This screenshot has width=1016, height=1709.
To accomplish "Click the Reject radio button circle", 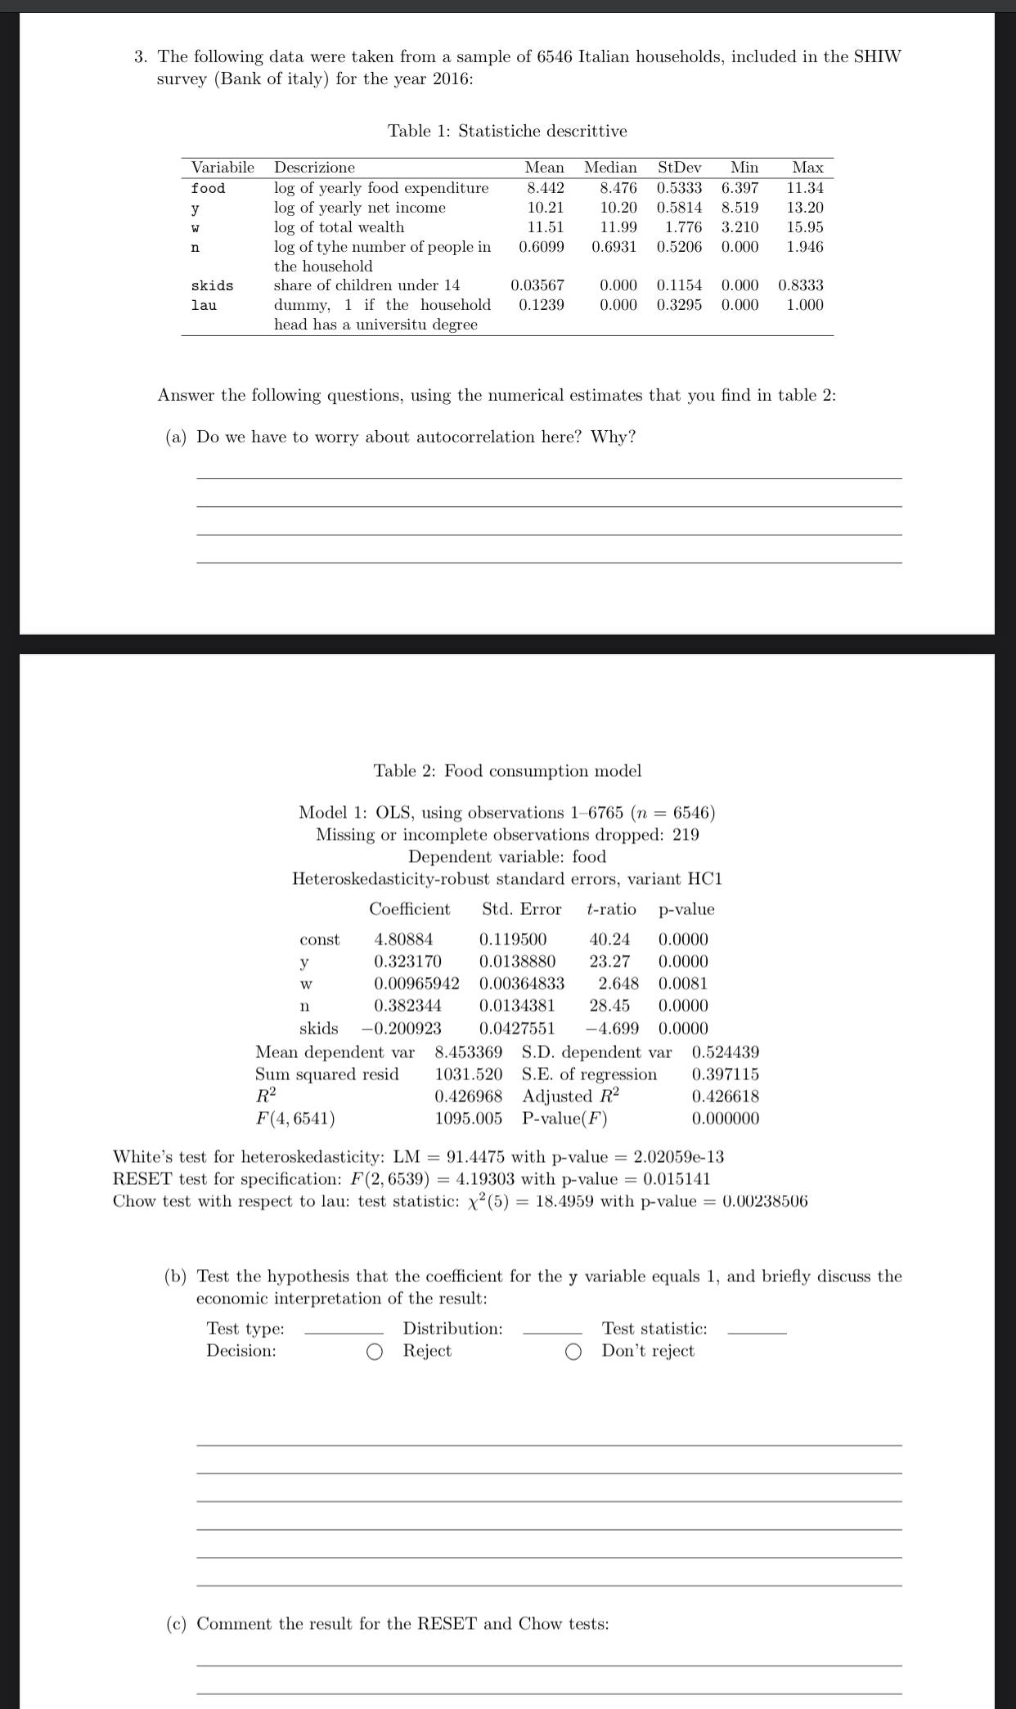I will coord(375,1352).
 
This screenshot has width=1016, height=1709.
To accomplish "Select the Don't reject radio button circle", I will coord(573,1352).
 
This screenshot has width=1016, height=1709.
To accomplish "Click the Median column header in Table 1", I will coord(610,168).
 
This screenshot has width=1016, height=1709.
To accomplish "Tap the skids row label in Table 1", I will coord(212,285).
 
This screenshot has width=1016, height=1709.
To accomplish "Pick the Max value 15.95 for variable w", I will coord(805,227).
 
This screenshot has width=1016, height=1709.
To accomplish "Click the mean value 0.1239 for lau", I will coord(541,305).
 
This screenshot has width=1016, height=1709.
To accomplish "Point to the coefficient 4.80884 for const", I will coord(403,940).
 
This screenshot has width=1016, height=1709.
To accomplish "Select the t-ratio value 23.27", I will coord(609,962).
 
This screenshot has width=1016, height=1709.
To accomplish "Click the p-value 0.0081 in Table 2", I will coord(683,984).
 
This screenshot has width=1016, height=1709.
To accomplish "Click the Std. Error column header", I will coord(521,909).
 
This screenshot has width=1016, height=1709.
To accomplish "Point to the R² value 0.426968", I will coord(468,1097).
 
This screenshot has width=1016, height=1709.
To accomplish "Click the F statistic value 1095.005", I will coord(468,1119).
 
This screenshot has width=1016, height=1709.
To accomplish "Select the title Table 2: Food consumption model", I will coord(507,771).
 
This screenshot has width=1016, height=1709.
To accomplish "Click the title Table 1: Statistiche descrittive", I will coord(507,131).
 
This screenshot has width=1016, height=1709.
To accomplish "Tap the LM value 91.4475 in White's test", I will coord(475,1157).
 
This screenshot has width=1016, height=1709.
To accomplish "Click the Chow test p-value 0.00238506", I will coord(765,1201).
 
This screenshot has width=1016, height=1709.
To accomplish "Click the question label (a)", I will coord(176,437).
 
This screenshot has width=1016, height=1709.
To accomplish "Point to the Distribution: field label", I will coord(452,1329).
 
